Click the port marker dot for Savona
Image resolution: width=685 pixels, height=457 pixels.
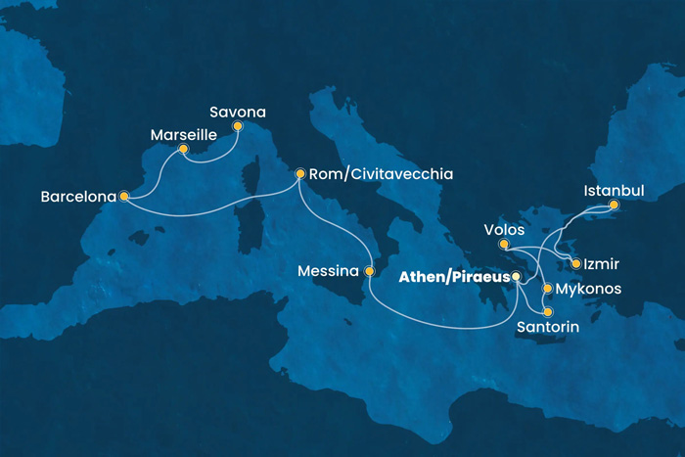[x=236, y=126]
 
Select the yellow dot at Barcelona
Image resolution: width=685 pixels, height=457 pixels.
[x=124, y=196]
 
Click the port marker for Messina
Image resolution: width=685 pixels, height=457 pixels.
[x=370, y=271]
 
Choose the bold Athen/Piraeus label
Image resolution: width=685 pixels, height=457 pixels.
[x=454, y=278]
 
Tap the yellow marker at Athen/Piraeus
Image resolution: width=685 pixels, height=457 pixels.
[x=519, y=279]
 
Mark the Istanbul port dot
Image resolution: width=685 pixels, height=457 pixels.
[x=614, y=206]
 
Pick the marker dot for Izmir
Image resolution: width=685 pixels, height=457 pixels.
[x=577, y=264]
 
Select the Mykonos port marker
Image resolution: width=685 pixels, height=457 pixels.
[x=547, y=290]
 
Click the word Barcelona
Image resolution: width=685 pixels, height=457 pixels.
[x=77, y=196]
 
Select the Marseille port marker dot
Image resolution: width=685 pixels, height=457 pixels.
[x=183, y=150]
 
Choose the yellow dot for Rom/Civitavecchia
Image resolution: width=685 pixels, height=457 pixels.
[x=300, y=173]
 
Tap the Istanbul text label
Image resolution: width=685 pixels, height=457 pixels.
[x=614, y=189]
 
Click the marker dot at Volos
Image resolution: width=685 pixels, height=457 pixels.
[x=503, y=245]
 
